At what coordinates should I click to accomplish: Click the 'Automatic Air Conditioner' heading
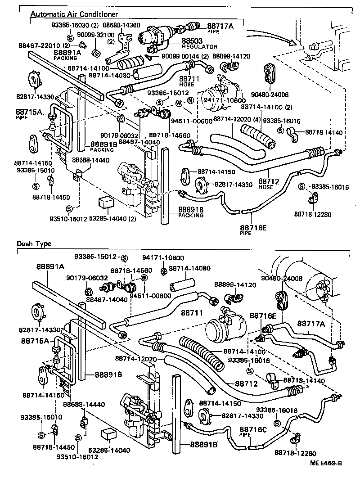(x=74, y=14)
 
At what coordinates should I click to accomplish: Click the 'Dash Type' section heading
(x=34, y=244)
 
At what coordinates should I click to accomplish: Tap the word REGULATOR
(x=200, y=46)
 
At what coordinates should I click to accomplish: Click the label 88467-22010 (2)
(x=44, y=46)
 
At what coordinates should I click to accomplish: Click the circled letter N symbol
(x=190, y=100)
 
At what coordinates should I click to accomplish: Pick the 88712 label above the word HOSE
(x=269, y=181)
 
